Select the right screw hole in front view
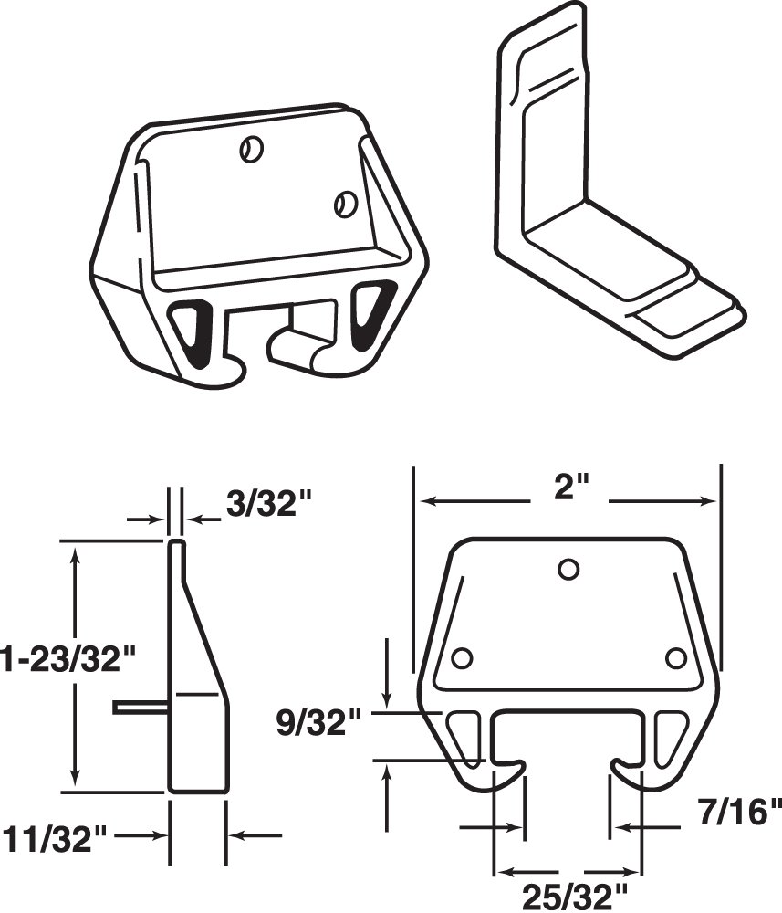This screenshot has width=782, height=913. pos(675,658)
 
